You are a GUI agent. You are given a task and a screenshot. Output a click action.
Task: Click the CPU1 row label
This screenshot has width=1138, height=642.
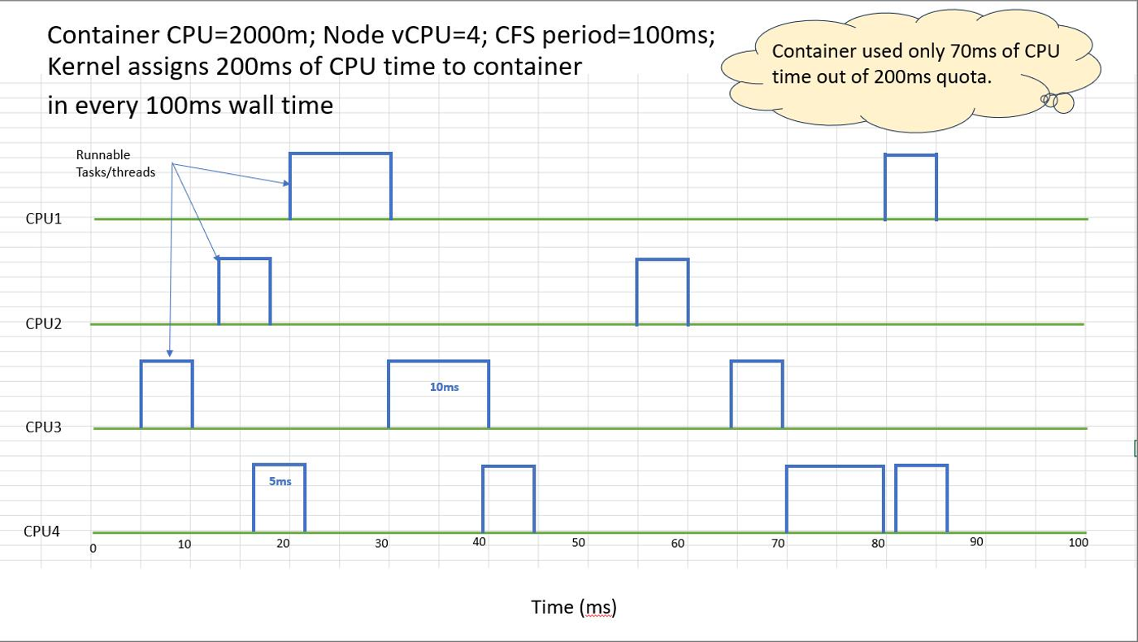coord(44,219)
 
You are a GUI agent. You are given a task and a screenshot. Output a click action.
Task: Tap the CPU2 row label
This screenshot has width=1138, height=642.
coord(44,323)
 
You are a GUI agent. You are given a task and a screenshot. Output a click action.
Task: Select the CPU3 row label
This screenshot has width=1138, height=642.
coord(44,427)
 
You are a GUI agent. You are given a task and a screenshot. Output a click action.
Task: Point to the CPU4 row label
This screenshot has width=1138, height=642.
coord(41,531)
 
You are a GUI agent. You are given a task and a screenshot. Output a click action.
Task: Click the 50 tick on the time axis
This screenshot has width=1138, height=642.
coord(578,543)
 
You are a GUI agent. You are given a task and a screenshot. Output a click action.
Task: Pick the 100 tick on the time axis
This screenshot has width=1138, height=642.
coord(1078,543)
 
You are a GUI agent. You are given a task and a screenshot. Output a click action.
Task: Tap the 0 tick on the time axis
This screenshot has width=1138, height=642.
coord(93,549)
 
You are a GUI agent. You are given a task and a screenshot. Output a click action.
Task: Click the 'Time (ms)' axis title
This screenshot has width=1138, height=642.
coord(574,608)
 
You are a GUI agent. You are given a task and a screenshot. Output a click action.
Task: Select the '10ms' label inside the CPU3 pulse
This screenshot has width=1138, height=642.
coord(444,387)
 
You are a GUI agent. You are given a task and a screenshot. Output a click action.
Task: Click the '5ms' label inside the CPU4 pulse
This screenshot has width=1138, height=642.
coord(280,481)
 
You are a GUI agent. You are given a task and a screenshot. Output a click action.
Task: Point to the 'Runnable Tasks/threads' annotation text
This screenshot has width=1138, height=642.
coord(115,163)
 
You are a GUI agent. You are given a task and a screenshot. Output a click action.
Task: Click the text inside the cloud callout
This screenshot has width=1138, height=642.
coord(915,64)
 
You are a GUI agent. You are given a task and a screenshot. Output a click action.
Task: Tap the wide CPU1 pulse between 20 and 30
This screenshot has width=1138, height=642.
coord(341,154)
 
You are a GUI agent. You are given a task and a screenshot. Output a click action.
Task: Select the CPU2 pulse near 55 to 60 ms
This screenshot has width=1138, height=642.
coord(662,259)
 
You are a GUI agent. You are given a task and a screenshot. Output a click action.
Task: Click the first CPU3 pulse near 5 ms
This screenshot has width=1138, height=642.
coord(167,361)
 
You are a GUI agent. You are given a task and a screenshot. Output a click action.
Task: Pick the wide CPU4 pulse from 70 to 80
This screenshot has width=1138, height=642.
coord(836,466)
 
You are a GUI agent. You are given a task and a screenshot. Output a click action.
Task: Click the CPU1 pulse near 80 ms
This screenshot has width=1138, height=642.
coord(911,155)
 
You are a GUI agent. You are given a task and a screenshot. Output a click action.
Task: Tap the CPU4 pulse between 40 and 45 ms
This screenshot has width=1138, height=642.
coord(509,466)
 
